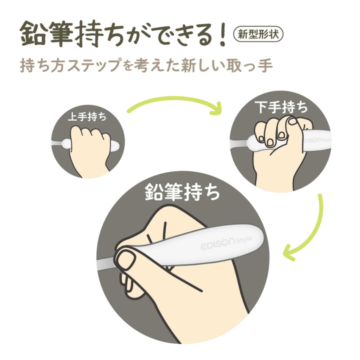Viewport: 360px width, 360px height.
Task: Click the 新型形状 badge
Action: click(258, 34)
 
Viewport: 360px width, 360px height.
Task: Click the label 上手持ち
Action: click(87, 116)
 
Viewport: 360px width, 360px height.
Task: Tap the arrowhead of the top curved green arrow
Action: click(216, 108)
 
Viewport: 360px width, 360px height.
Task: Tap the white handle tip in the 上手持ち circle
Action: click(114, 146)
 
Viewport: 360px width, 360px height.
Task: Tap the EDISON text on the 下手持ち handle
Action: click(312, 140)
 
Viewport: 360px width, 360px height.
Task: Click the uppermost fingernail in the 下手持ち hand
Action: click(292, 121)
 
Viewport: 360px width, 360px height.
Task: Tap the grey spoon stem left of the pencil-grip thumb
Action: click(106, 264)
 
